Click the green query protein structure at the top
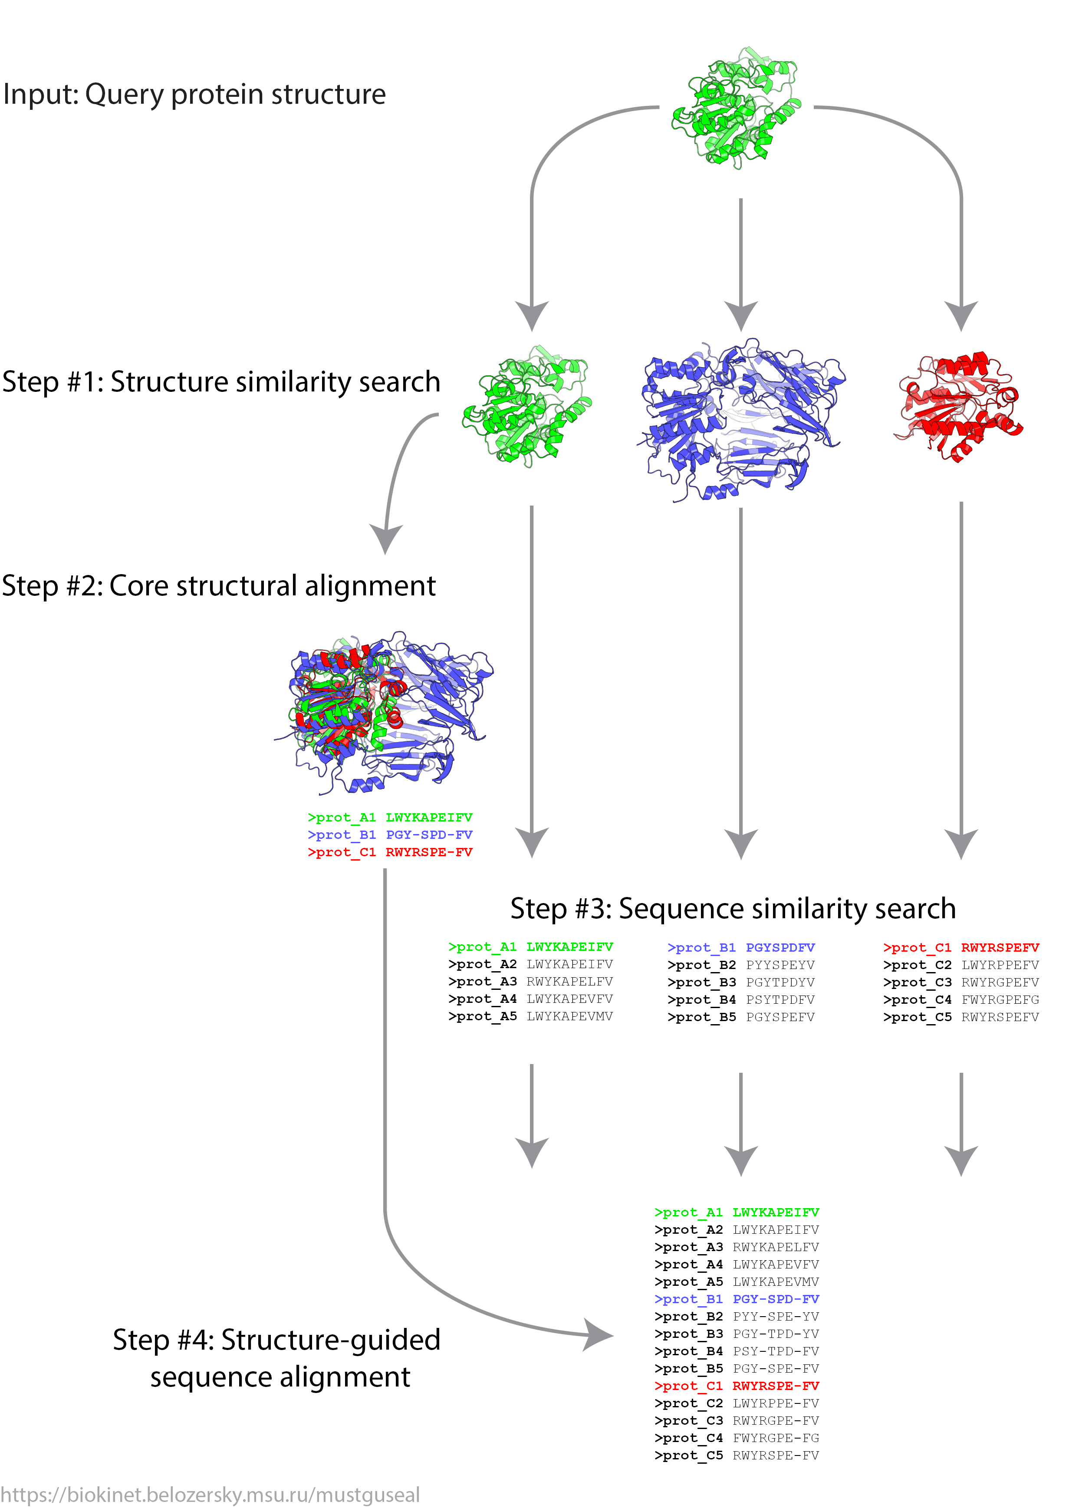[737, 107]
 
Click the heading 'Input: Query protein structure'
[194, 94]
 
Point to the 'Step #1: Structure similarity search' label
[221, 382]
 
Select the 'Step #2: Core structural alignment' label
[219, 586]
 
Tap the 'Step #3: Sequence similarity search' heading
[733, 909]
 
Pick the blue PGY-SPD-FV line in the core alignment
[390, 834]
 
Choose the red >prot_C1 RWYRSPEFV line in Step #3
[961, 948]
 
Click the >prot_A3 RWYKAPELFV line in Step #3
[530, 982]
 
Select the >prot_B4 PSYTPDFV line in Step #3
[741, 1000]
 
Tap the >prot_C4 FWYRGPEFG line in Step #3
[961, 1000]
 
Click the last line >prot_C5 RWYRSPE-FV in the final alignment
[737, 1456]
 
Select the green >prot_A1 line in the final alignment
[737, 1212]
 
